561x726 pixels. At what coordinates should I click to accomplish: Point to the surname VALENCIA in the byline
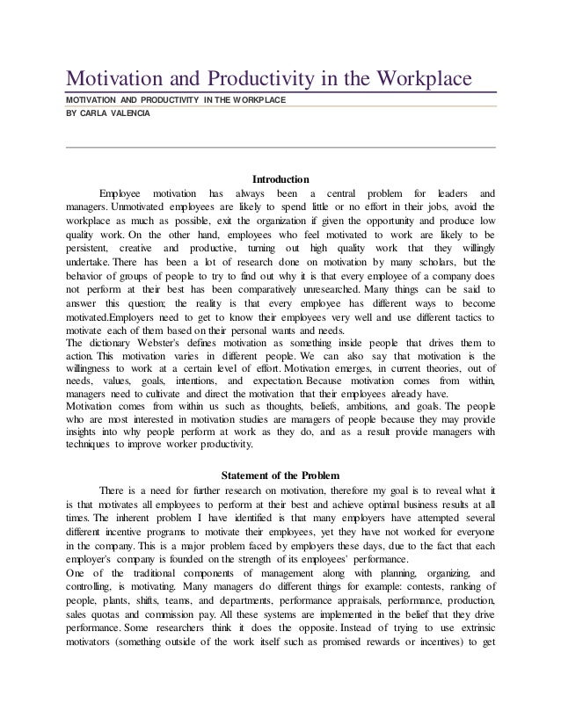click(x=131, y=113)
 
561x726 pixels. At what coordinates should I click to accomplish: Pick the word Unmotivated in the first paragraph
click(x=139, y=207)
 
